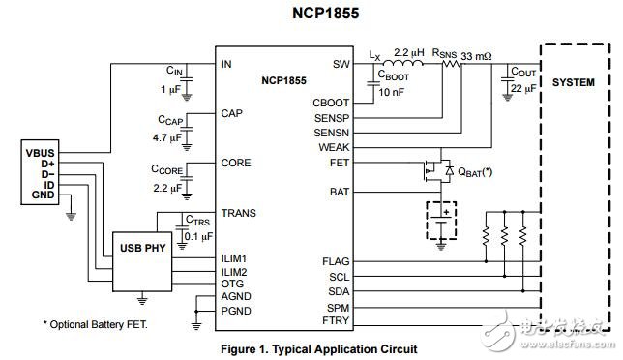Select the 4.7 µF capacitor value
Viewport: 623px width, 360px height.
(x=166, y=138)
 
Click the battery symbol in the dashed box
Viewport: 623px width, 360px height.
(x=441, y=221)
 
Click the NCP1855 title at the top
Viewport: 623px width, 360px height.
(x=311, y=14)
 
